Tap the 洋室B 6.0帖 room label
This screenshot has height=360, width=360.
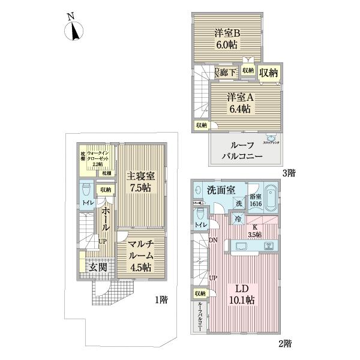[x=228, y=39]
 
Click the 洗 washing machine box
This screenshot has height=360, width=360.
[x=239, y=203]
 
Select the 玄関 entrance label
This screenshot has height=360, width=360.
[x=98, y=267]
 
